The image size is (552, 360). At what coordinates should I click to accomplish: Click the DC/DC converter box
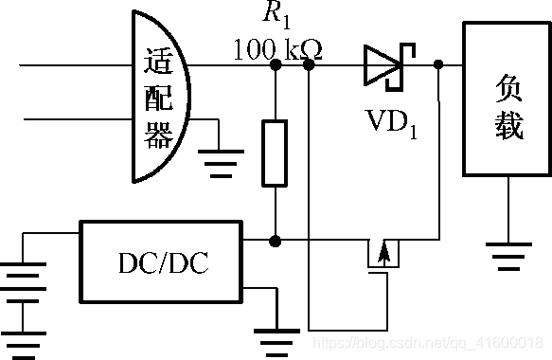point(160,262)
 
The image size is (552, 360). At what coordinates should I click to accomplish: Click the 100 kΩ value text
point(276,48)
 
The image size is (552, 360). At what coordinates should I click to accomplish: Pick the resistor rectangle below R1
point(275,153)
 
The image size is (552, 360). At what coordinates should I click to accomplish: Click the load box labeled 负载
point(507,100)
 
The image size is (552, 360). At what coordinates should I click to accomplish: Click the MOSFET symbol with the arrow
point(383,256)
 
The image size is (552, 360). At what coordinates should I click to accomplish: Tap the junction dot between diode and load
point(438,65)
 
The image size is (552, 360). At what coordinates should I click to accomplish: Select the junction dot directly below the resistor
point(275,241)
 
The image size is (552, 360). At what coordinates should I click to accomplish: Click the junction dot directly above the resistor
point(275,66)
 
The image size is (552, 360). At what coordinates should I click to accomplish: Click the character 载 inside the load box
point(507,125)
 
